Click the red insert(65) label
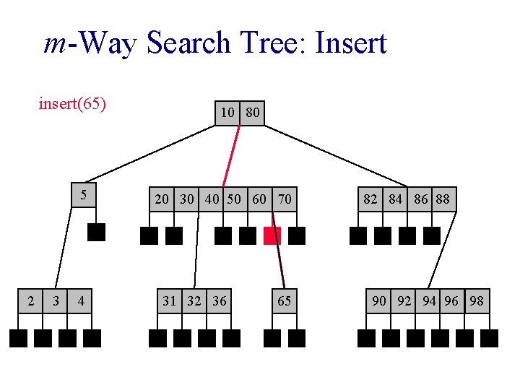(x=72, y=104)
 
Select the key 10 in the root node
(x=227, y=113)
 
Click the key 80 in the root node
(x=253, y=113)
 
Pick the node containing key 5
(x=84, y=195)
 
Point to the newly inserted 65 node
(x=284, y=301)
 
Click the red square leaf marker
(x=272, y=235)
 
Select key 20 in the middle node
(x=162, y=199)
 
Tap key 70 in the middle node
(x=285, y=199)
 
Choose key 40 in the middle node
(x=212, y=199)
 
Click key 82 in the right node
(x=370, y=199)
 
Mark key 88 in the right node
(x=443, y=199)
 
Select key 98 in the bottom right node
(x=477, y=301)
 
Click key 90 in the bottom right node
(x=379, y=301)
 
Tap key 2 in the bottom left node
(x=30, y=301)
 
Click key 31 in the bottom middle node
(x=170, y=301)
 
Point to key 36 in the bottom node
(x=219, y=301)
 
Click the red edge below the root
(x=231, y=155)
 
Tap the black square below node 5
(x=96, y=232)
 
